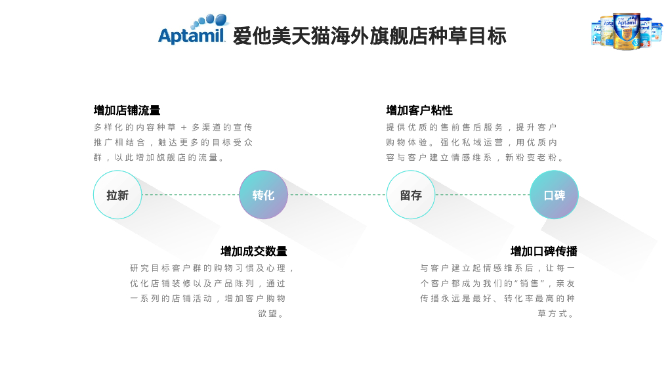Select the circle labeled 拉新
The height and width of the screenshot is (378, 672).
coord(117,195)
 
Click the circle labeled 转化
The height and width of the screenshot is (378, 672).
coord(263,195)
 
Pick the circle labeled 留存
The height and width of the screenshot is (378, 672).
coord(411,195)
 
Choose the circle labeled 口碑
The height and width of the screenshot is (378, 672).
coord(554,195)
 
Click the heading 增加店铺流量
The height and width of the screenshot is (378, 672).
coord(127,110)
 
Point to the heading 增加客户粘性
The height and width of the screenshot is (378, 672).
coord(419,110)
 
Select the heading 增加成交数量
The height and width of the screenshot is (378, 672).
coord(253,251)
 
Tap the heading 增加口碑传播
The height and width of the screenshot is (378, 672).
coord(543,251)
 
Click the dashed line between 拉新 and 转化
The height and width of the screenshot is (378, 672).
coord(190,195)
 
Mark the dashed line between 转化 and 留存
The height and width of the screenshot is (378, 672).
coord(337,195)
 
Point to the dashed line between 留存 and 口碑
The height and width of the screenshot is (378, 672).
coord(482,195)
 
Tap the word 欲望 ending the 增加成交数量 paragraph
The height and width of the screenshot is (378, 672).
coord(268,314)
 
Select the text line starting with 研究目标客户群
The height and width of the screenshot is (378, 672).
coord(211,268)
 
